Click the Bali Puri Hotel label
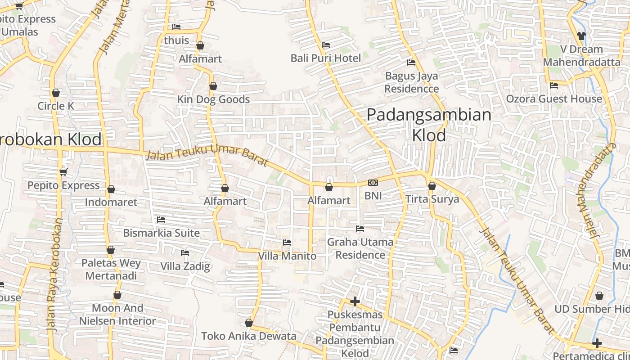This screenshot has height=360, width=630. pyautogui.click(x=325, y=58)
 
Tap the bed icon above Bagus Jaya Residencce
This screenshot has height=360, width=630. pyautogui.click(x=411, y=62)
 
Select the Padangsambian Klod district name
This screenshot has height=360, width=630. pyautogui.click(x=429, y=125)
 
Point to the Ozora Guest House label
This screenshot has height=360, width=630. pyautogui.click(x=554, y=99)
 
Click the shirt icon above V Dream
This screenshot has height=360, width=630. pyautogui.click(x=581, y=36)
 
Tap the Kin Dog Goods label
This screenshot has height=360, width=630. pyautogui.click(x=213, y=99)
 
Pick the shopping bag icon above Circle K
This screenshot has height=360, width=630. pyautogui.click(x=56, y=93)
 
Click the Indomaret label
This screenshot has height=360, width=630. pyautogui.click(x=111, y=202)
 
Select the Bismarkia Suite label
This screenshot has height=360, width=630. pyautogui.click(x=161, y=233)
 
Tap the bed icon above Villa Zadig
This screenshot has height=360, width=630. pyautogui.click(x=184, y=253)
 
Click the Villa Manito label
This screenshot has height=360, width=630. pyautogui.click(x=287, y=256)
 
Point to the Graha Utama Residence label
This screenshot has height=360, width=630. pyautogui.click(x=360, y=248)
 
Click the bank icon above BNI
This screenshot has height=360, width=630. pyautogui.click(x=373, y=182)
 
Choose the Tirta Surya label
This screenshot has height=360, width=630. pyautogui.click(x=432, y=199)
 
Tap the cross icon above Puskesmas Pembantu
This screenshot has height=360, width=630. pyautogui.click(x=355, y=301)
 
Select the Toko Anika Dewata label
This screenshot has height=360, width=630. pyautogui.click(x=249, y=336)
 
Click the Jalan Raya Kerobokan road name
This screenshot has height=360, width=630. pyautogui.click(x=54, y=274)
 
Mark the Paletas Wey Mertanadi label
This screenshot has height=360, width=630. pyautogui.click(x=111, y=269)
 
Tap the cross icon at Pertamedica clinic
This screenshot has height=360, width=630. pyautogui.click(x=597, y=343)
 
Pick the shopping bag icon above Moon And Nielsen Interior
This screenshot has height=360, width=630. pyautogui.click(x=117, y=295)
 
